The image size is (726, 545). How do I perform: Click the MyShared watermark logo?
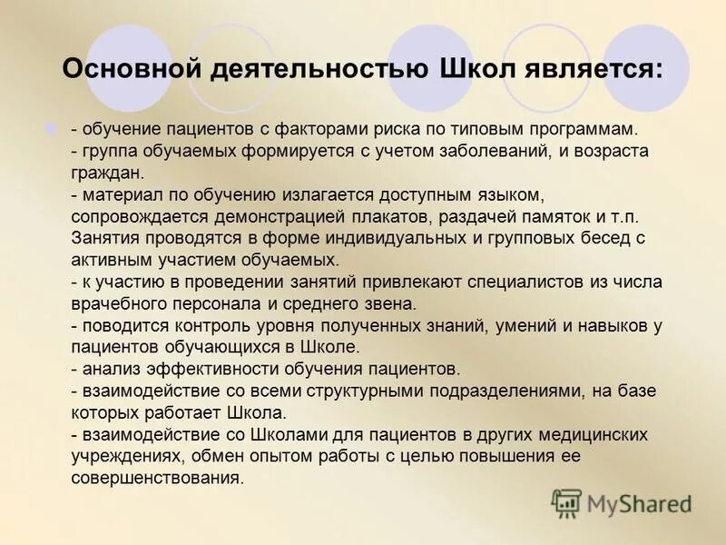click(623, 502)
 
